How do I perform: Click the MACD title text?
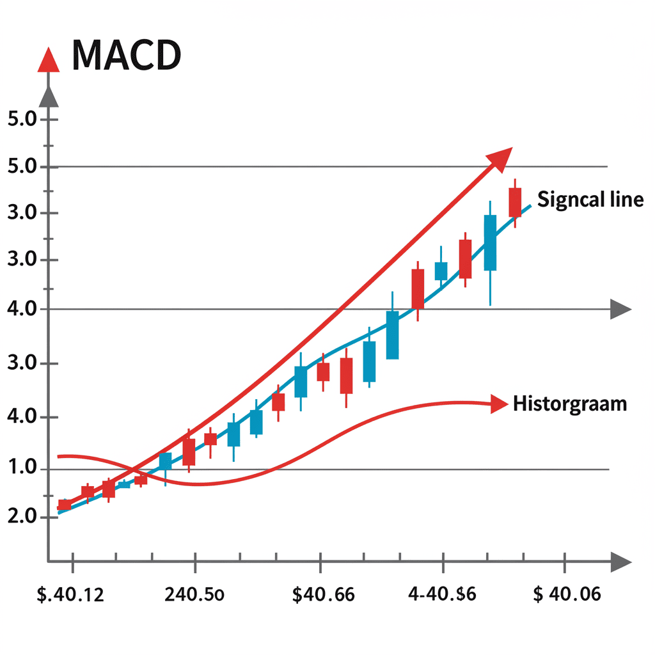(x=127, y=56)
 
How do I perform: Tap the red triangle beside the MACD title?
(x=49, y=61)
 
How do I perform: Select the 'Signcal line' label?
(x=590, y=200)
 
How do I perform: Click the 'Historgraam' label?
(x=570, y=404)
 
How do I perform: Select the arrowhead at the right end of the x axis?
(x=620, y=562)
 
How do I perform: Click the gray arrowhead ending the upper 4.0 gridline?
(x=620, y=310)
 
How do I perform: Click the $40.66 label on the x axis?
(x=323, y=594)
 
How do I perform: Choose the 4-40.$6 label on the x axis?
(x=442, y=594)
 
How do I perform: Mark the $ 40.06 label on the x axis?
(x=567, y=594)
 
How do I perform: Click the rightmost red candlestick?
(x=515, y=202)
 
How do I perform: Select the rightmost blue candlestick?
(x=491, y=243)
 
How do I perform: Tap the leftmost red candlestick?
(x=65, y=505)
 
